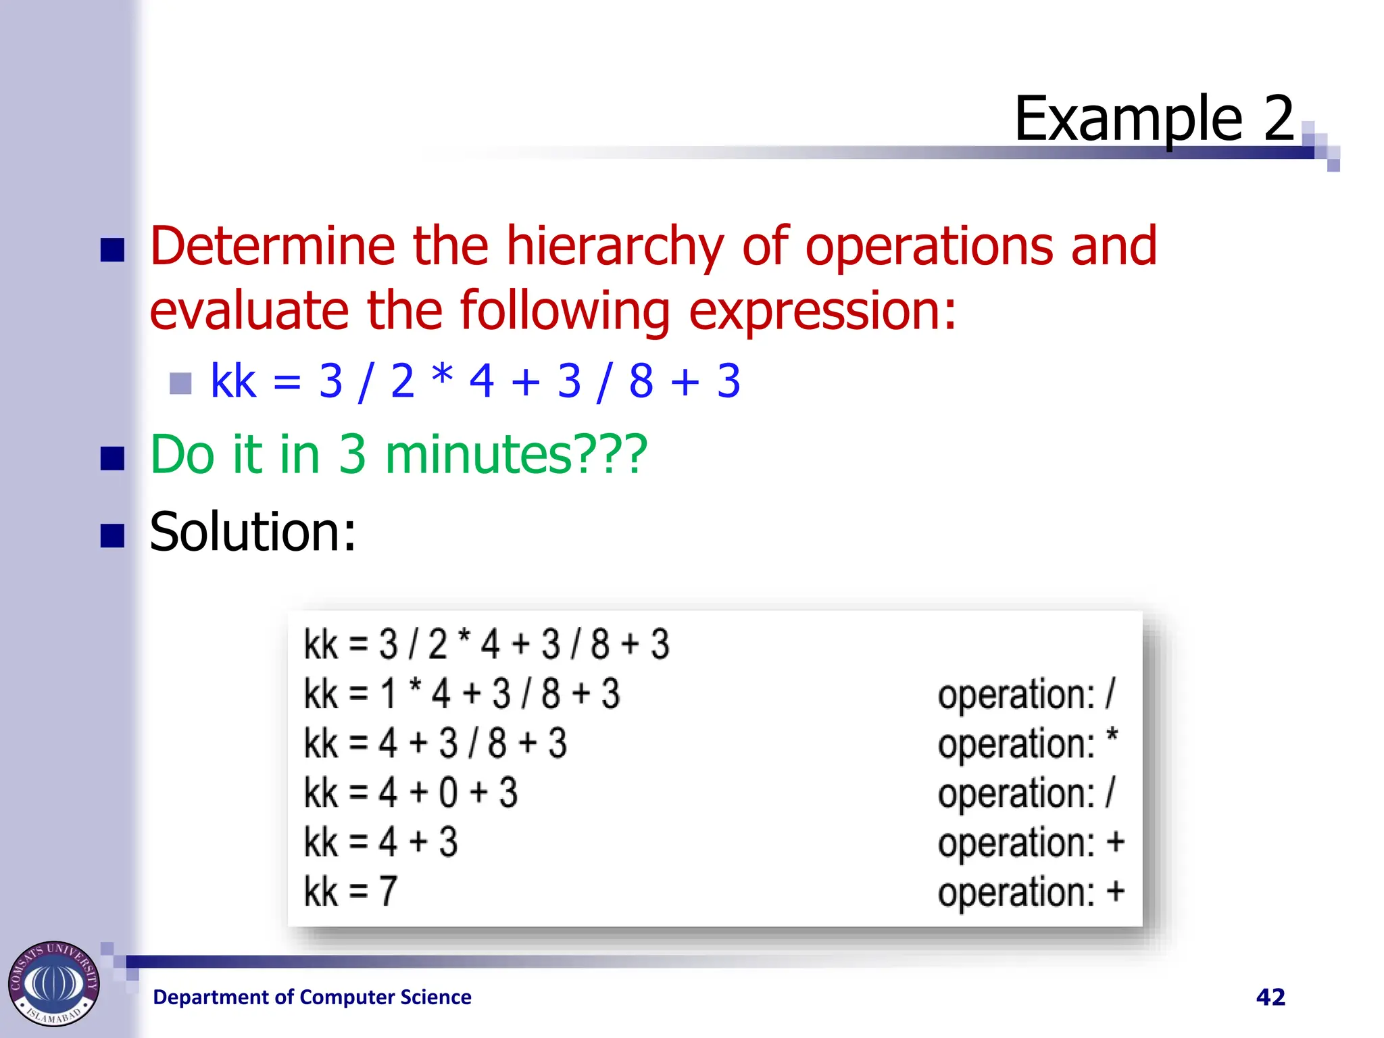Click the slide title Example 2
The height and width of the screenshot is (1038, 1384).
coord(1154,119)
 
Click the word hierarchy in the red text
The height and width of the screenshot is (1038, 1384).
coord(614,247)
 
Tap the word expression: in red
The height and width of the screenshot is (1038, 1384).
coord(822,311)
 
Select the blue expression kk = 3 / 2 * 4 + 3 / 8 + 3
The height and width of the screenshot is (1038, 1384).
coord(475,381)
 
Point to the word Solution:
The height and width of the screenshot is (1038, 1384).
coord(252,533)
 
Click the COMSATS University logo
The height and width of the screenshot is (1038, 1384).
coord(53,983)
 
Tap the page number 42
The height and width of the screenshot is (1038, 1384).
coord(1270,997)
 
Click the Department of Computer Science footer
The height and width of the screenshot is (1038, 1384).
coord(312,997)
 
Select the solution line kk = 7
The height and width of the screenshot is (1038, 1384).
coord(350,892)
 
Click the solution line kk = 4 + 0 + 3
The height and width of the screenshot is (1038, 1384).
coord(410,793)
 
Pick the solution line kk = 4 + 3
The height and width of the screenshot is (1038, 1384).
coord(380,843)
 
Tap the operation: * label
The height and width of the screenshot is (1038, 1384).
coord(1027,744)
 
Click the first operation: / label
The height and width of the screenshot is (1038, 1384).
coord(1026,695)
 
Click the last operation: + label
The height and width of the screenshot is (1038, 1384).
coord(1031,892)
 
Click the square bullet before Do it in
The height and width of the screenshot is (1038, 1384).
coord(112,458)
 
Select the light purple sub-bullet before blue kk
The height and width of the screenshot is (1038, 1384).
coord(180,383)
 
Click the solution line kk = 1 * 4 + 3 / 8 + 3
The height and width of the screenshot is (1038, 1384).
coord(462,694)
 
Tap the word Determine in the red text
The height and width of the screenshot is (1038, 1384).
coord(272,247)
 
